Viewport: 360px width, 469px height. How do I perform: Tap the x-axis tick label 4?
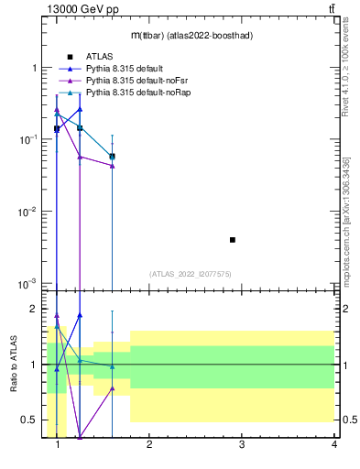tap(334, 444)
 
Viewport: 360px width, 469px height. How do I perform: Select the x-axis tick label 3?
tap(242, 444)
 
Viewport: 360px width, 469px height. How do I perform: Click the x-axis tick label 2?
tap(149, 444)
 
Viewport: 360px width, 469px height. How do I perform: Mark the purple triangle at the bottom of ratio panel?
tap(80, 436)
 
